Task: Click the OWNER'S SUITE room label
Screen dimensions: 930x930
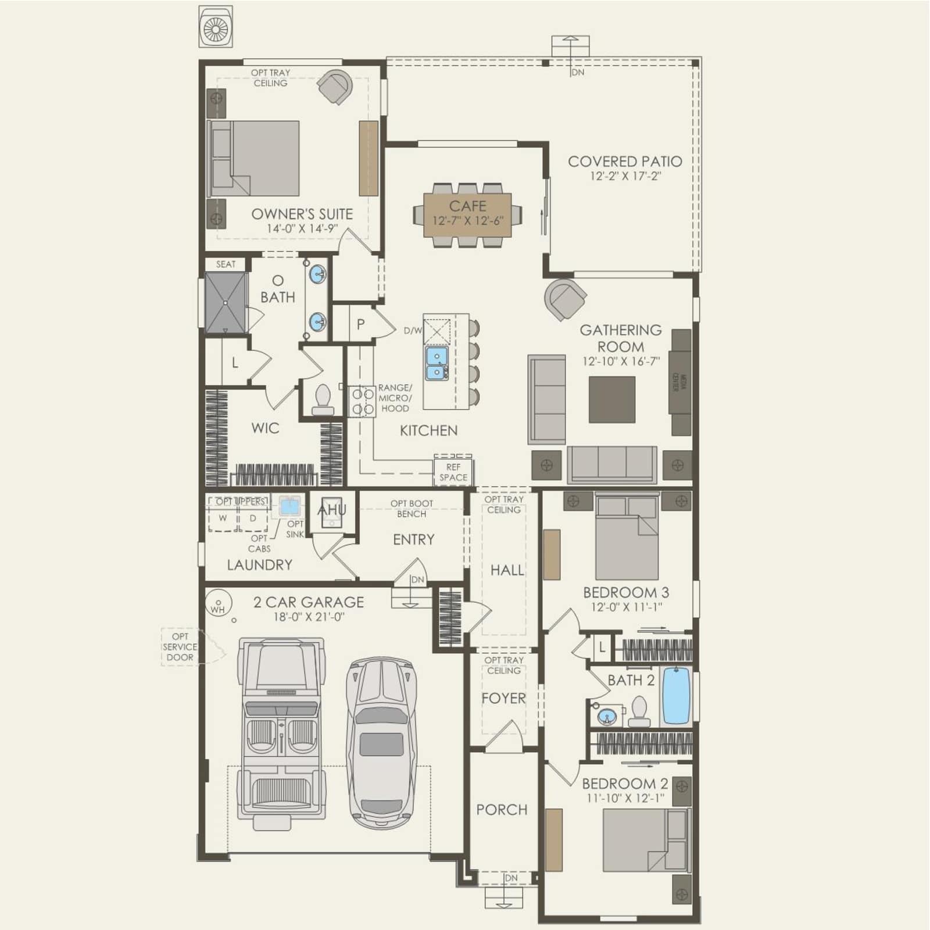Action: tap(302, 214)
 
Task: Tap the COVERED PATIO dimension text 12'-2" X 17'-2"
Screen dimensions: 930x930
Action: tap(625, 176)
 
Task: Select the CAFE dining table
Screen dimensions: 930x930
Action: tap(467, 214)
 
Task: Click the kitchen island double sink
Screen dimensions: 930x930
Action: tap(437, 363)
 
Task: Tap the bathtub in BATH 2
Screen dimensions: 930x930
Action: tap(676, 695)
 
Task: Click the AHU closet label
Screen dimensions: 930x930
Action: tap(332, 510)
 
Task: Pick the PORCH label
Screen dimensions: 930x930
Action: tap(502, 810)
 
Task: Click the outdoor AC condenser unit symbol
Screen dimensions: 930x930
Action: tap(216, 27)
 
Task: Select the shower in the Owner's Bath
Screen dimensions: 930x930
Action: tap(226, 303)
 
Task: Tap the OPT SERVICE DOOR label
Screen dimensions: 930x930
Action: tap(180, 647)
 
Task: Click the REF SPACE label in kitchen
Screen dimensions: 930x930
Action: tap(453, 472)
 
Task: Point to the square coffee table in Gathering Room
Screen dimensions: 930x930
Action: tap(612, 399)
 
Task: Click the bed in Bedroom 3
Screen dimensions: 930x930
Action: tap(627, 535)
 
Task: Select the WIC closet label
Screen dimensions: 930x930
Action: tap(265, 428)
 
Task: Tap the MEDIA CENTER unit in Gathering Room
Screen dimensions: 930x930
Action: tap(681, 382)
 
